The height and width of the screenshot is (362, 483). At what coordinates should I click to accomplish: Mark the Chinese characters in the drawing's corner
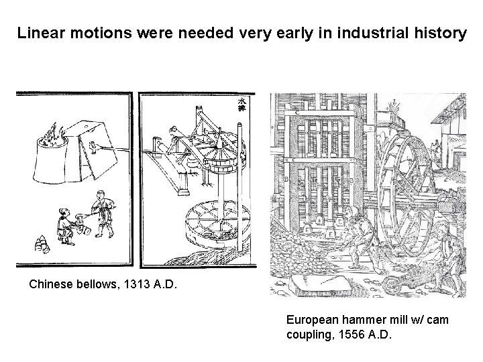242,104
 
